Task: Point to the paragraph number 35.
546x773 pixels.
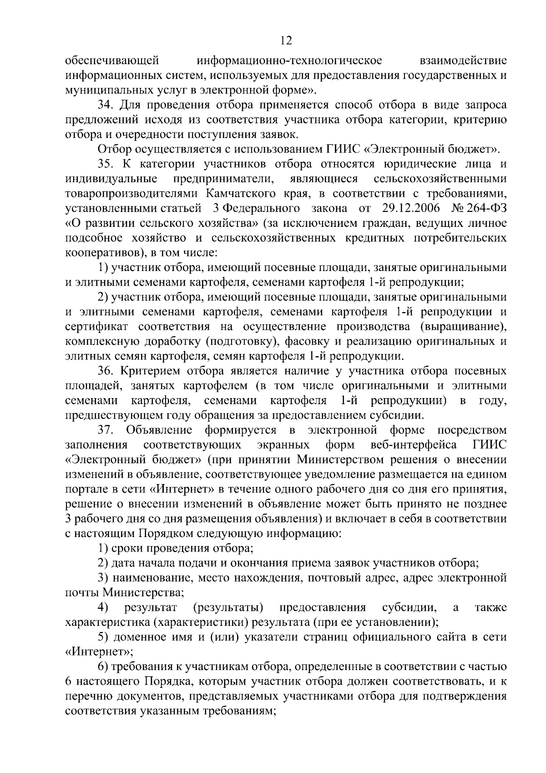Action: click(106, 164)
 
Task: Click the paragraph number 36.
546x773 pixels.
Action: click(106, 371)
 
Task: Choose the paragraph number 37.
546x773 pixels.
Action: click(106, 430)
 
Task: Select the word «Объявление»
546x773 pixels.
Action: click(159, 430)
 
